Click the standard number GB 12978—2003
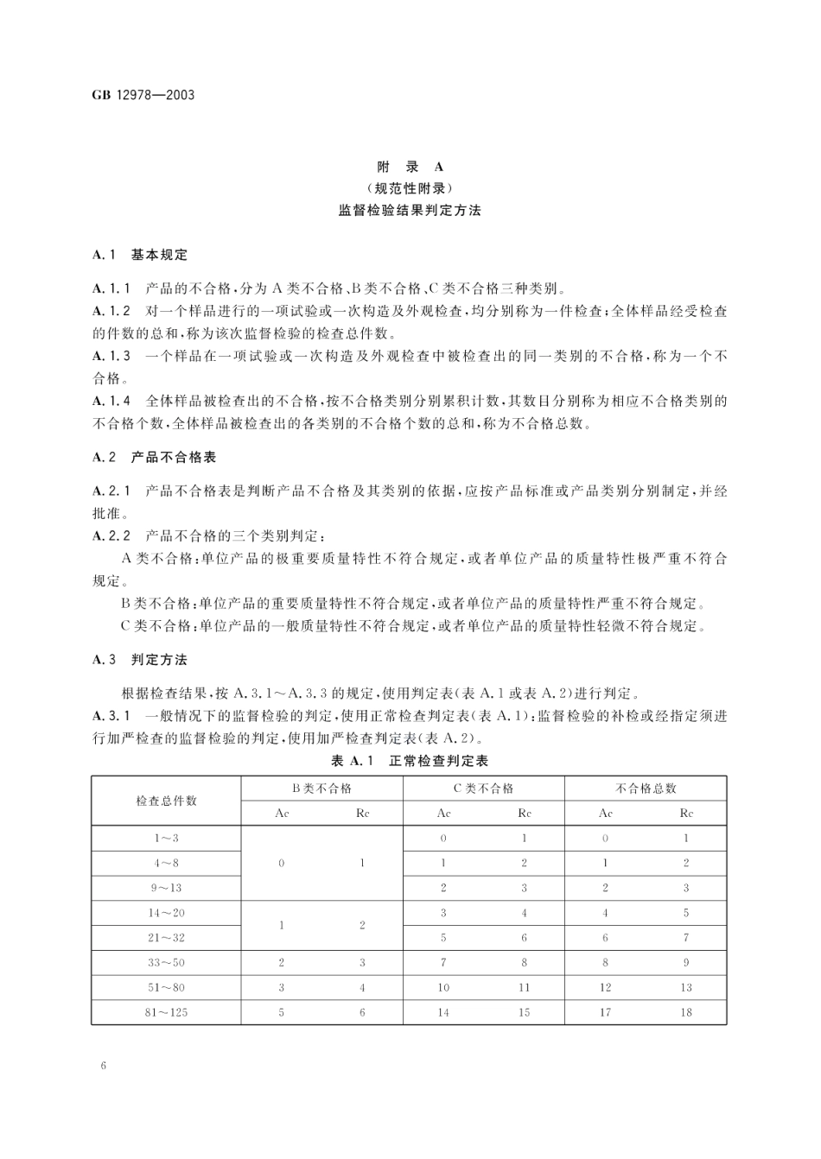coord(143,94)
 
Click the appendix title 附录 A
coord(410,167)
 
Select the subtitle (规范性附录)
coord(410,188)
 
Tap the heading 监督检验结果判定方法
coord(410,210)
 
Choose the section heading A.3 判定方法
coord(139,660)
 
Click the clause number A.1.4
coord(112,401)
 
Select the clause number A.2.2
coord(112,536)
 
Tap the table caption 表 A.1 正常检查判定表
coord(410,761)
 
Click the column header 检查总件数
coord(167,801)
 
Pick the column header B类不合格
coord(321,788)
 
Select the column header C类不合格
coord(483,788)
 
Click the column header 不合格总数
coord(645,788)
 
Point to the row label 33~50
coord(167,962)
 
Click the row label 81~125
coord(167,1012)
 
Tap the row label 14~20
coord(167,913)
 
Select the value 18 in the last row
coord(685,1012)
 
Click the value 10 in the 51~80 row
coord(443,987)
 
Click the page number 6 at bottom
coord(103,1066)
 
